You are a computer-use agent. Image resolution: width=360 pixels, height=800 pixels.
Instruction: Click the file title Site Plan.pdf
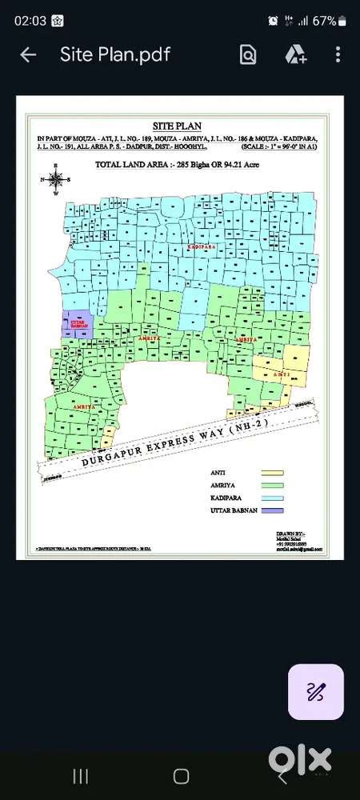[x=115, y=54]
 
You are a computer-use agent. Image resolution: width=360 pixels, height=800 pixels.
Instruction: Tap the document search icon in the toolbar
[x=248, y=54]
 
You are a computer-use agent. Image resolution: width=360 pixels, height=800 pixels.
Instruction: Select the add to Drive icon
[x=295, y=54]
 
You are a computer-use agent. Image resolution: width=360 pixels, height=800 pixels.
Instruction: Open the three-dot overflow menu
[x=338, y=54]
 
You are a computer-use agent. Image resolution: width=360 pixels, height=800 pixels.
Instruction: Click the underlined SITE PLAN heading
[x=177, y=126]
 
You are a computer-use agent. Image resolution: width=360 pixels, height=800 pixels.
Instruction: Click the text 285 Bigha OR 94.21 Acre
[x=215, y=164]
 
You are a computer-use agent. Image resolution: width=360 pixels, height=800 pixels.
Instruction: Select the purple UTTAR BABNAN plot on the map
[x=78, y=323]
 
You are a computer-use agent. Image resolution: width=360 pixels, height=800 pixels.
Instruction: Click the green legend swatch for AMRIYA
[x=272, y=486]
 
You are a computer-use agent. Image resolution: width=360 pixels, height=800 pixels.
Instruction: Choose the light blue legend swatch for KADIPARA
[x=272, y=498]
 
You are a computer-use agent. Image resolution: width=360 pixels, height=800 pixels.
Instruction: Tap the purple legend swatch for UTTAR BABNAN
[x=272, y=510]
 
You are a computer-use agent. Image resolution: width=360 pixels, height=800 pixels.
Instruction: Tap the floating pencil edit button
[x=315, y=691]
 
